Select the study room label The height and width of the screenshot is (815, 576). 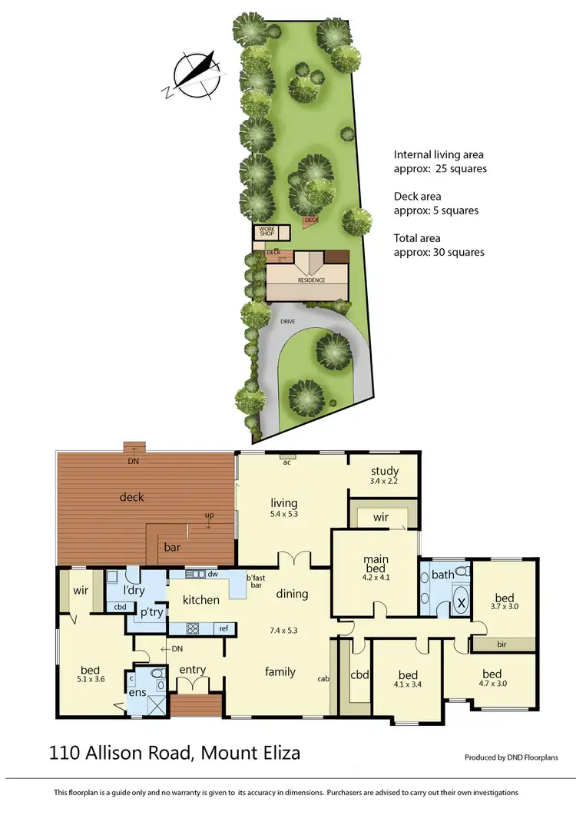click(384, 472)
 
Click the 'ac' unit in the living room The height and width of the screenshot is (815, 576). click(286, 462)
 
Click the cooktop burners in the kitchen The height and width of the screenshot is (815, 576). click(193, 628)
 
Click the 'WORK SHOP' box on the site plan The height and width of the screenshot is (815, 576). click(266, 231)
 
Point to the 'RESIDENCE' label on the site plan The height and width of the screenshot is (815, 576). click(312, 280)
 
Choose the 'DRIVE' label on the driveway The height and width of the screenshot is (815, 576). click(288, 321)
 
